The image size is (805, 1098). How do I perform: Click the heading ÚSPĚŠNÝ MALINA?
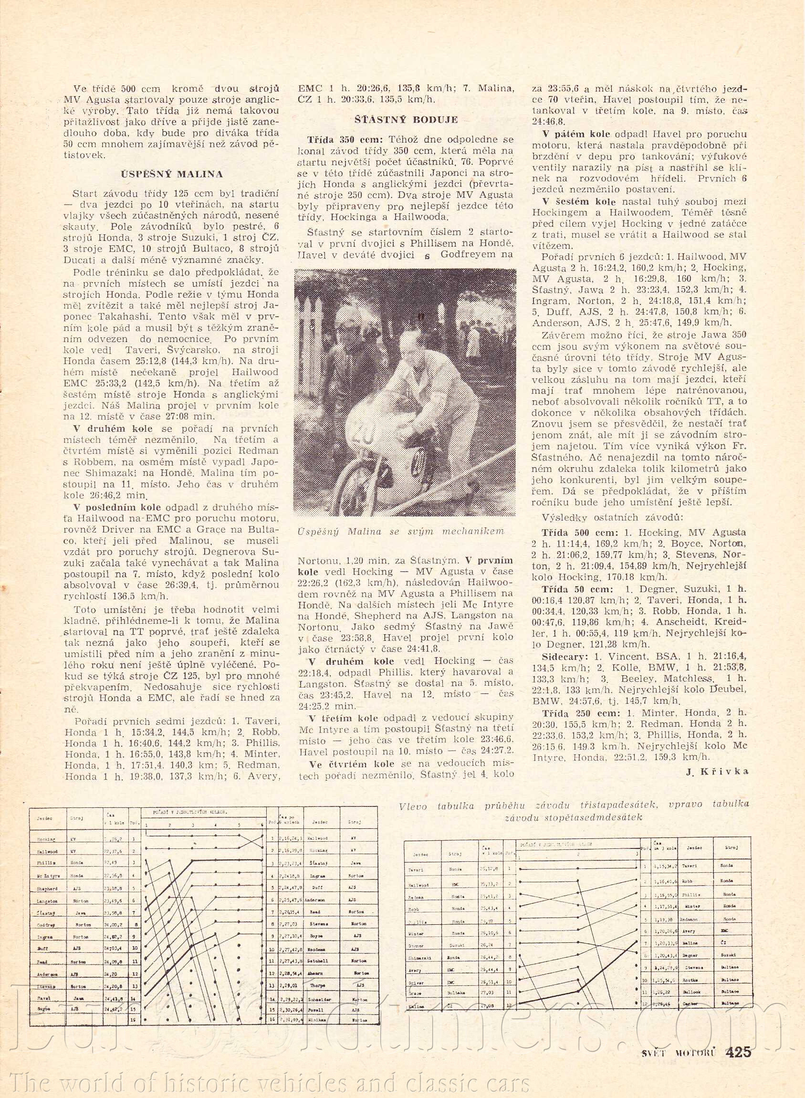click(171, 174)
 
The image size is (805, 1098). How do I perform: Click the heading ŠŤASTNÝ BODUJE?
click(406, 120)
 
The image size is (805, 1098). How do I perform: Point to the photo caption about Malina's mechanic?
click(401, 531)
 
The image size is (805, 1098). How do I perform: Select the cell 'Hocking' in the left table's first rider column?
click(46, 839)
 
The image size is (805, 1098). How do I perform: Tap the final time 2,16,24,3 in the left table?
click(292, 839)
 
